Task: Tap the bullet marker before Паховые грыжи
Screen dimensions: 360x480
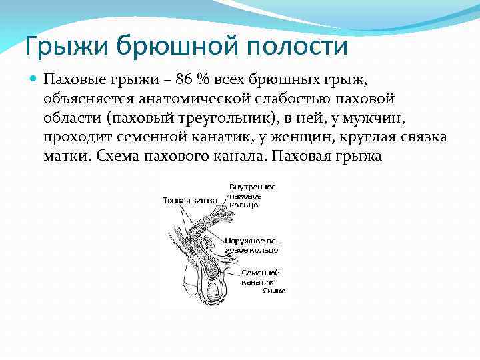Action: pyautogui.click(x=33, y=79)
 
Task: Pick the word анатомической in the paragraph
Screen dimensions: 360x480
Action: pyautogui.click(x=193, y=99)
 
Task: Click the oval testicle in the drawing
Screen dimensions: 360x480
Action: pyautogui.click(x=213, y=289)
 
